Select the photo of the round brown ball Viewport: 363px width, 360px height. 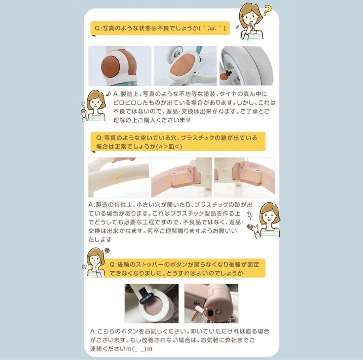tap(120, 66)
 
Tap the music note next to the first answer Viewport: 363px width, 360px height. tap(108, 94)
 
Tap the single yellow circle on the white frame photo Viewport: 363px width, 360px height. tap(117, 178)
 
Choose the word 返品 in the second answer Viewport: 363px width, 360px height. tap(233, 222)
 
